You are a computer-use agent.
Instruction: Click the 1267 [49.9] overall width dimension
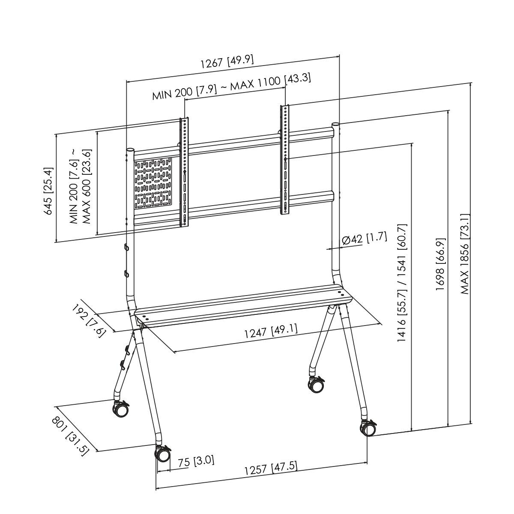pyautogui.click(x=227, y=62)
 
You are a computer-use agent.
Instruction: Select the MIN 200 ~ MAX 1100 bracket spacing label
pyautogui.click(x=231, y=87)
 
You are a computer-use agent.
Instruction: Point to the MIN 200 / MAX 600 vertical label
pyautogui.click(x=80, y=187)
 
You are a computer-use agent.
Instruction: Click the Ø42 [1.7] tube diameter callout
pyautogui.click(x=365, y=239)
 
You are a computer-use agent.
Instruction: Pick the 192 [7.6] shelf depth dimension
pyautogui.click(x=88, y=321)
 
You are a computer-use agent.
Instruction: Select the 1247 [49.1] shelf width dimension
pyautogui.click(x=271, y=332)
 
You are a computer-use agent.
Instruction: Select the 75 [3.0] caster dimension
pyautogui.click(x=196, y=461)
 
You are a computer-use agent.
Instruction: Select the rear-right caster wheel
pyautogui.click(x=317, y=384)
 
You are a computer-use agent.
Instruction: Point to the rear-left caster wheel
pyautogui.click(x=120, y=409)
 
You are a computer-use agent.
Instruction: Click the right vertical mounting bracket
pyautogui.click(x=285, y=159)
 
